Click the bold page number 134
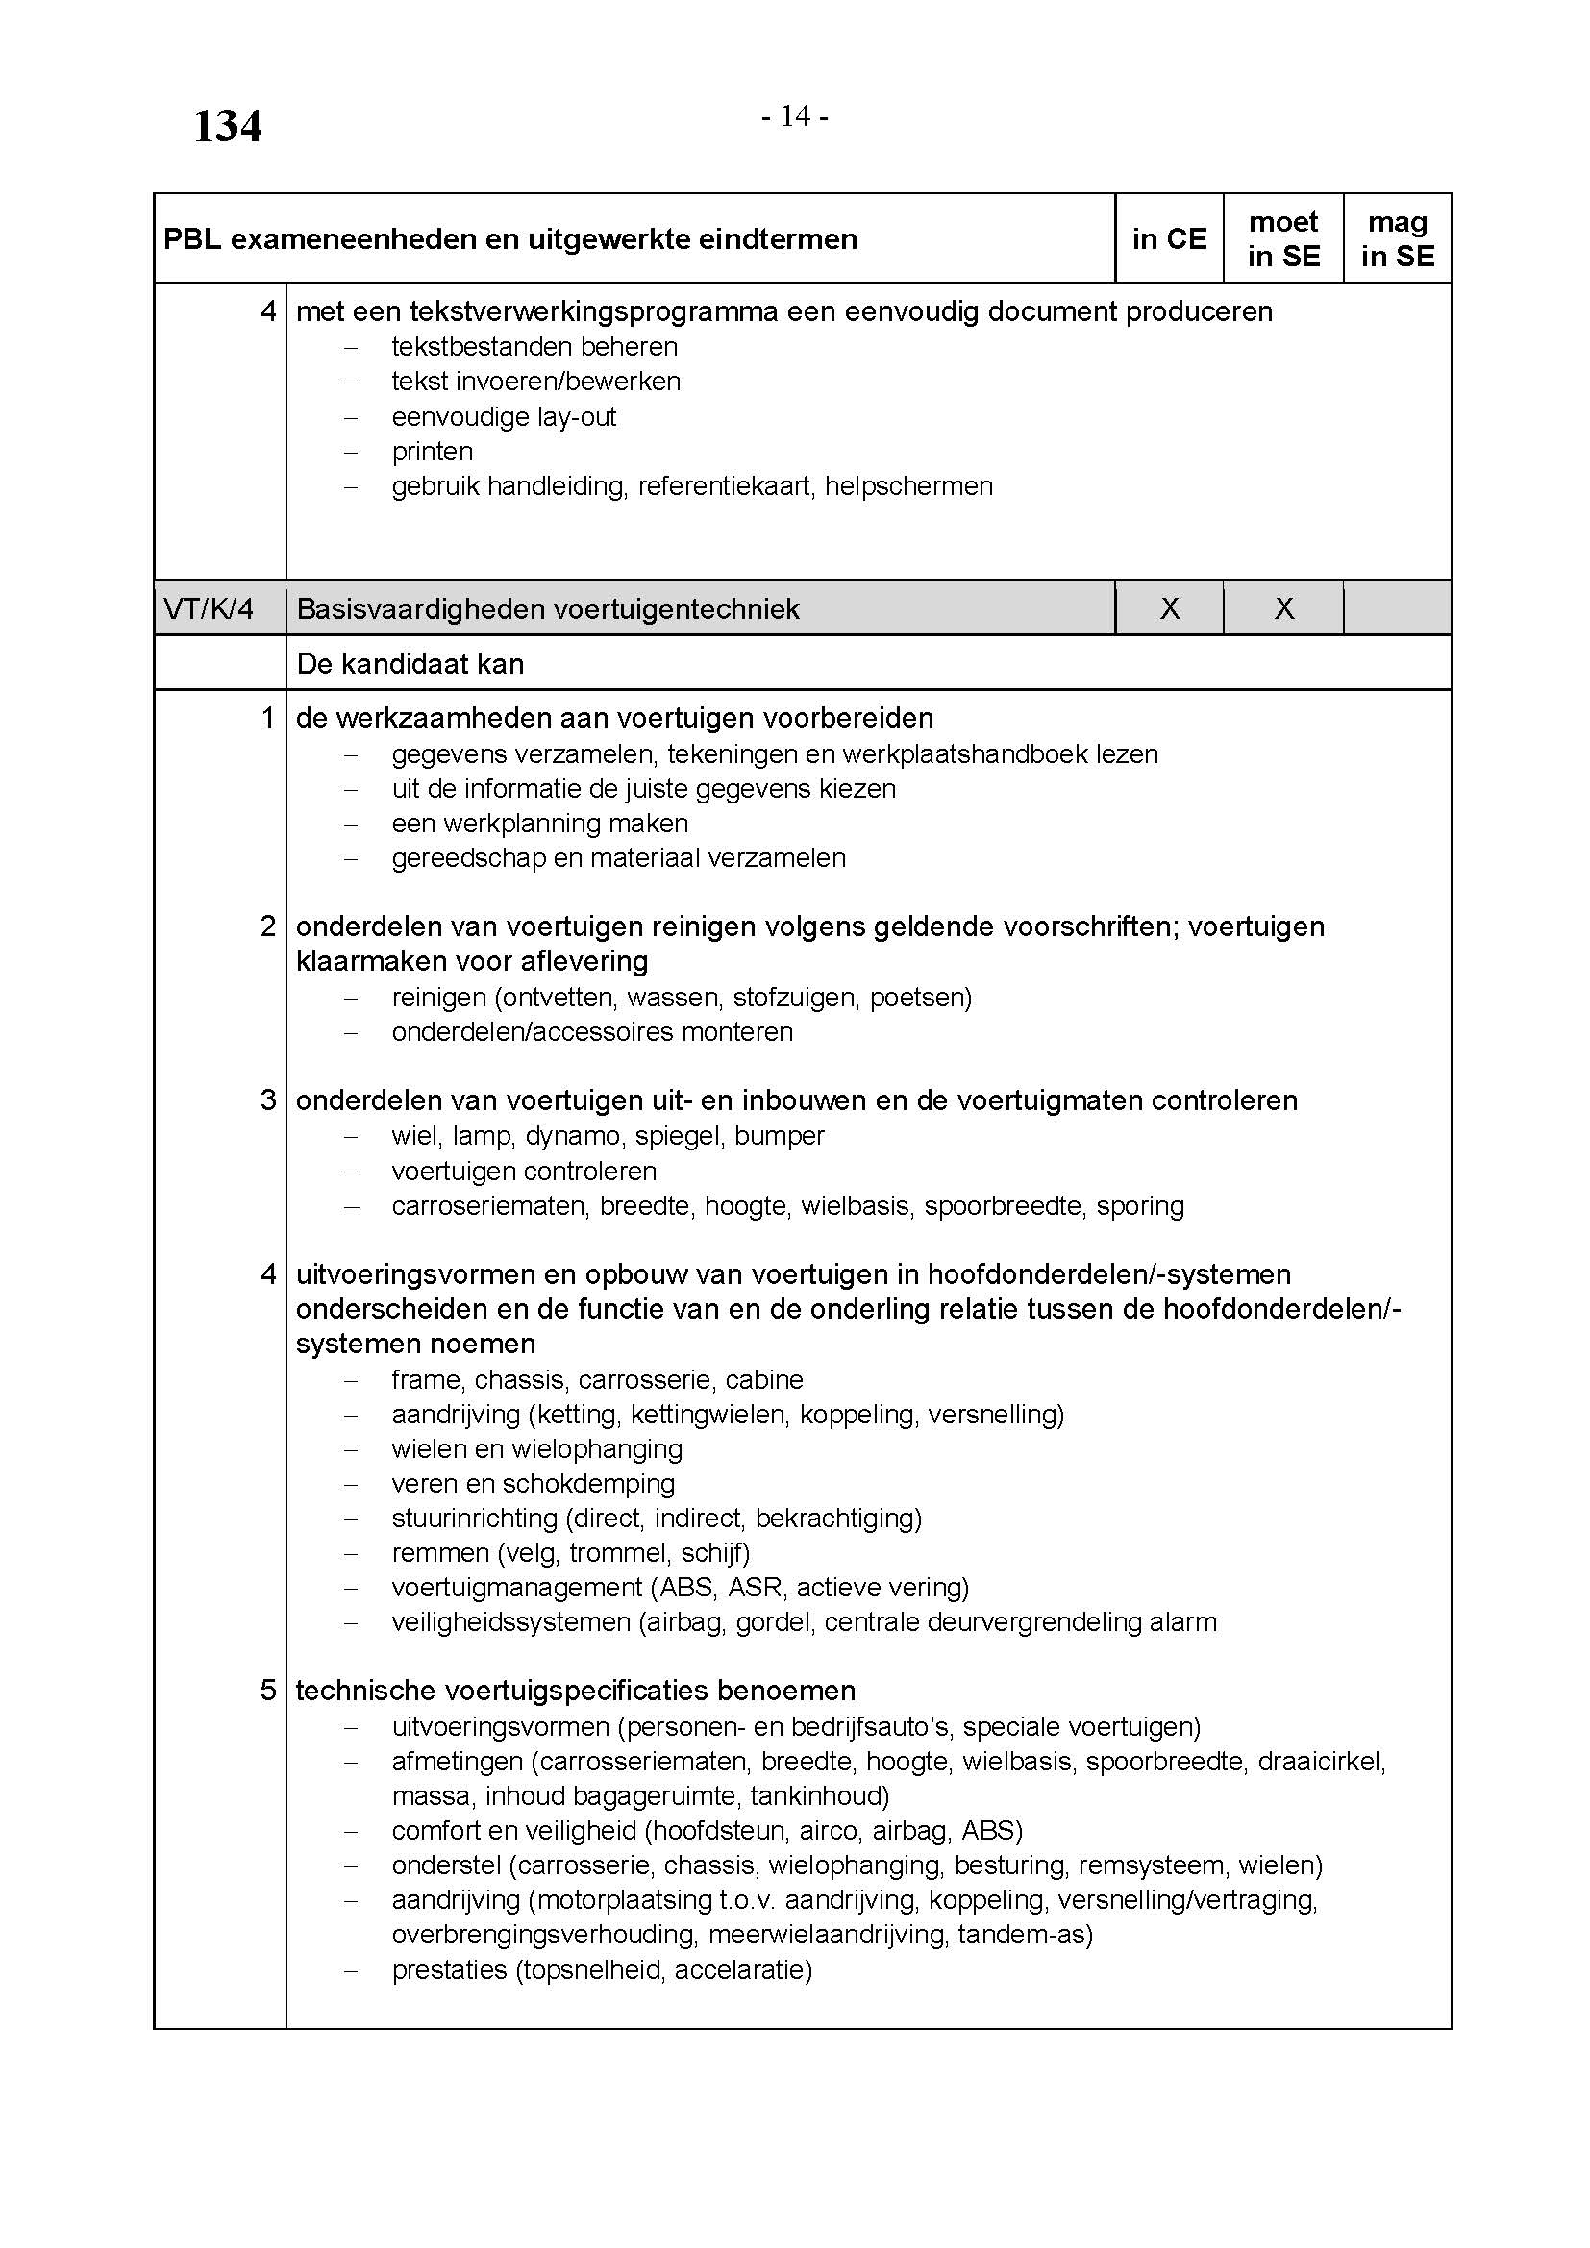(227, 127)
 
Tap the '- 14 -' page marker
(795, 117)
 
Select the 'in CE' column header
(1169, 239)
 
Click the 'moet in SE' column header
(1282, 239)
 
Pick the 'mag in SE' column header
(1397, 239)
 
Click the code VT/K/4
(209, 609)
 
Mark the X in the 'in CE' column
(1169, 609)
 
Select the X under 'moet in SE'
(1283, 609)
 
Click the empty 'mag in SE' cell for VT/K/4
(1397, 609)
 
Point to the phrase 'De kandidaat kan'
(410, 664)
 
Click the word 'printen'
(432, 452)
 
